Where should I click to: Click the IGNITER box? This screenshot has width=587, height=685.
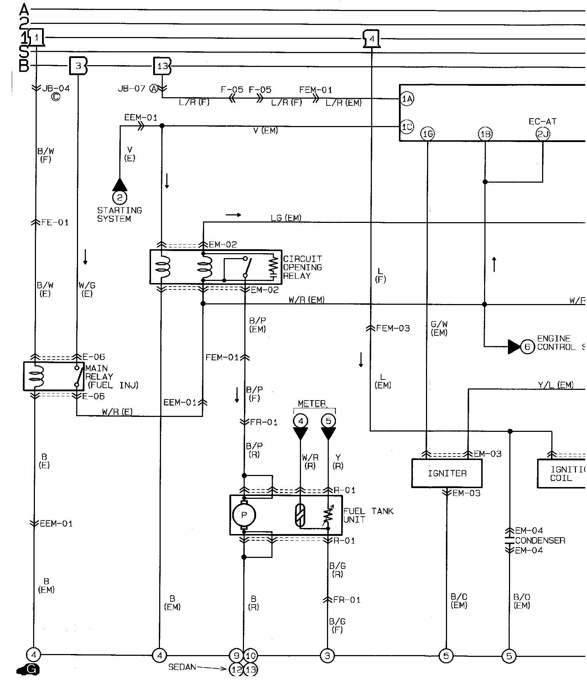(x=447, y=473)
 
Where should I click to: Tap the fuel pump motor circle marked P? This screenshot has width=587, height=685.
(x=244, y=515)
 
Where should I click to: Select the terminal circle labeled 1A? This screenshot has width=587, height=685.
(x=407, y=99)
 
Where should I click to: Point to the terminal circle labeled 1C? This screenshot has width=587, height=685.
(x=407, y=127)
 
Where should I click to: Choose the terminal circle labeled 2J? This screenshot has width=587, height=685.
(x=542, y=134)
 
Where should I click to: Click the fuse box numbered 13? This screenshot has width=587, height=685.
(x=162, y=66)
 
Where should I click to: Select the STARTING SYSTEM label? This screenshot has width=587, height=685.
(x=119, y=215)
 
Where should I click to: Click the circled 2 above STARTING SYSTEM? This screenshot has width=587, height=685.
(x=120, y=198)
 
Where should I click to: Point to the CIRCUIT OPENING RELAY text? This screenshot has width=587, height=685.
(x=302, y=267)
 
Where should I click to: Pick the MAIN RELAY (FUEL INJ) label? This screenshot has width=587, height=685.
(x=111, y=377)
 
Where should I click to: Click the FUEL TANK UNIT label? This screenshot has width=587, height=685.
(x=368, y=515)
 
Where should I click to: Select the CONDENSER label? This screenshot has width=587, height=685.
(x=540, y=540)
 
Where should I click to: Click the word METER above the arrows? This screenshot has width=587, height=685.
(x=312, y=404)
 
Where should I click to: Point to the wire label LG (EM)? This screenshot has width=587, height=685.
(x=286, y=218)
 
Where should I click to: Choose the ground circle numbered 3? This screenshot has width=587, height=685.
(x=327, y=655)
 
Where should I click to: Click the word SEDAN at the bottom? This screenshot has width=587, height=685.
(x=182, y=667)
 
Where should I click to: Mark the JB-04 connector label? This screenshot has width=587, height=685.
(x=56, y=89)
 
